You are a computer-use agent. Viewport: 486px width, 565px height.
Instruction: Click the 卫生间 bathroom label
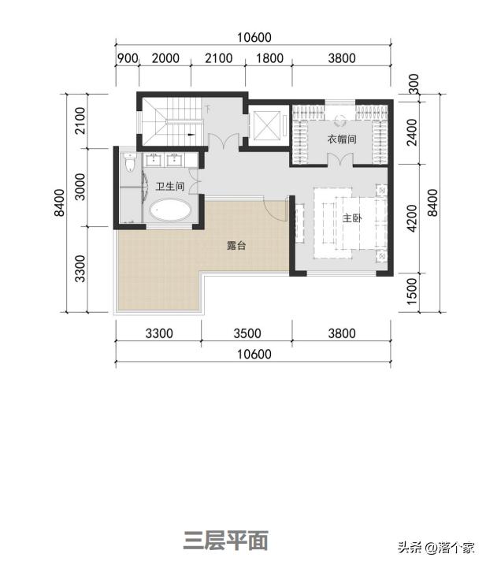pyautogui.click(x=169, y=186)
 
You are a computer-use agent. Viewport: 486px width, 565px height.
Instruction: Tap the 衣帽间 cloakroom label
pyautogui.click(x=342, y=139)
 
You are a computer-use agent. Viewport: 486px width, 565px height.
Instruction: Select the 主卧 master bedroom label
pyautogui.click(x=352, y=218)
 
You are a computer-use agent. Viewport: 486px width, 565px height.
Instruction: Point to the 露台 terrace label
pyautogui.click(x=236, y=246)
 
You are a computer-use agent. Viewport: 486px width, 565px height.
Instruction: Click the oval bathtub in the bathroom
pyautogui.click(x=170, y=210)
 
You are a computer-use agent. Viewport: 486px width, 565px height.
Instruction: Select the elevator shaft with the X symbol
pyautogui.click(x=266, y=125)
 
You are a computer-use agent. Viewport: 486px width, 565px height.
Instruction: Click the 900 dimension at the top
pyautogui.click(x=128, y=58)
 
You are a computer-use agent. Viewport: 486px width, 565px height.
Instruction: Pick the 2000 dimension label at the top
pyautogui.click(x=165, y=58)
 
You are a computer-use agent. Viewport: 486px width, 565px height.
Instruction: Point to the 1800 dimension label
pyautogui.click(x=269, y=58)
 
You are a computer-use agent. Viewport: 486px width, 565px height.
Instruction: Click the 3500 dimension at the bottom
pyautogui.click(x=247, y=333)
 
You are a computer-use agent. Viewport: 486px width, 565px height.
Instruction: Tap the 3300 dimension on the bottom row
pyautogui.click(x=159, y=333)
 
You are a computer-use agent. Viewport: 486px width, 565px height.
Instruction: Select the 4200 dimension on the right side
pyautogui.click(x=411, y=218)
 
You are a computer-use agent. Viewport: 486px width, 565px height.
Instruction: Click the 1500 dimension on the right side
pyautogui.click(x=411, y=291)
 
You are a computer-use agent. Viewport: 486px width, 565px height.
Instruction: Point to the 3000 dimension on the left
pyautogui.click(x=80, y=187)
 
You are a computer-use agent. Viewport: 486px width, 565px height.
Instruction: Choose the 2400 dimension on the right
pyautogui.click(x=411, y=132)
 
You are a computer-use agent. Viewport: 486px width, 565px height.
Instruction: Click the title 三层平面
pyautogui.click(x=226, y=541)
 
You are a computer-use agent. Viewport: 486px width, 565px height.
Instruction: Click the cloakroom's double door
pyautogui.click(x=340, y=159)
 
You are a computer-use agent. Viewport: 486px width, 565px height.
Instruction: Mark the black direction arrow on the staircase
pyautogui.click(x=191, y=135)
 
